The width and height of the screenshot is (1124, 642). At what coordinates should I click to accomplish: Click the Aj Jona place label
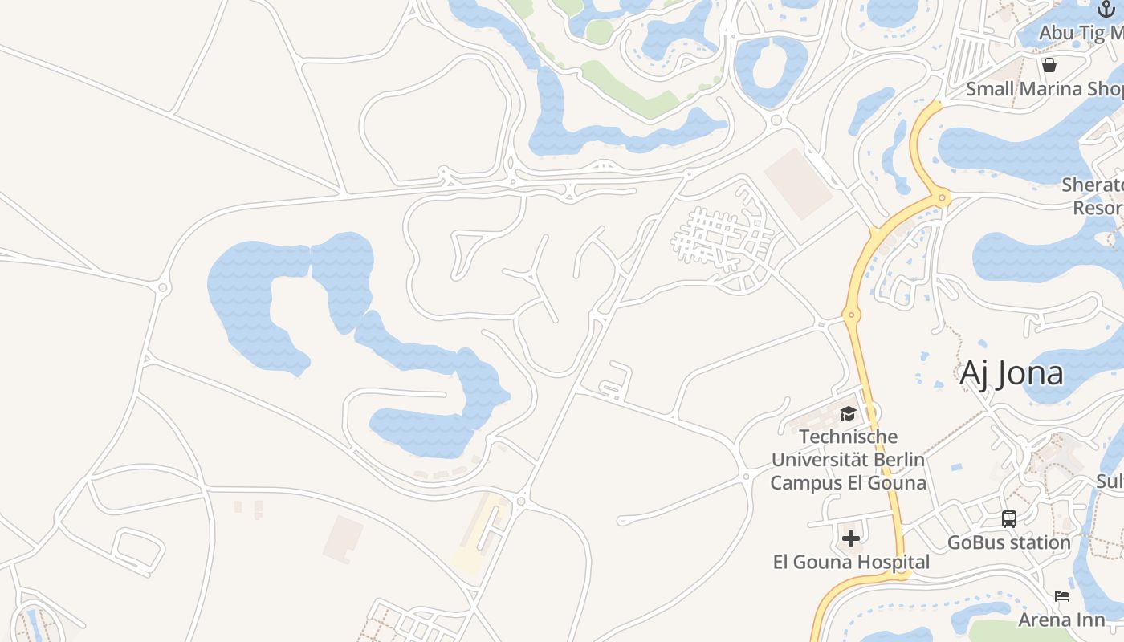(1012, 373)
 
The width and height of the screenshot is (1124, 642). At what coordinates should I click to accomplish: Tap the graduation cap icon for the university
(848, 414)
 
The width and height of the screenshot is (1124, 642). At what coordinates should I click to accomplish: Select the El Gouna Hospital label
(851, 563)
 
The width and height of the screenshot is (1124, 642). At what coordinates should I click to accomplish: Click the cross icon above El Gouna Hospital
(851, 538)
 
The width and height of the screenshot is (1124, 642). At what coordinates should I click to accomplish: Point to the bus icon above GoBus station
(1009, 519)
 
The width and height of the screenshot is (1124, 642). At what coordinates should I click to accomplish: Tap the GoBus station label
(1009, 542)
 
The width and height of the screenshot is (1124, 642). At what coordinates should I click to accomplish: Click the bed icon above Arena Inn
(1062, 596)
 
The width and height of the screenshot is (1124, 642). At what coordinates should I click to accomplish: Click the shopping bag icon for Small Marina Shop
(1049, 65)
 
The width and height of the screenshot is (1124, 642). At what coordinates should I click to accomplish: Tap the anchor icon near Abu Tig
(1106, 10)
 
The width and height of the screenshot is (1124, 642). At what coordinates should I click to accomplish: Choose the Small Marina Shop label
(1045, 89)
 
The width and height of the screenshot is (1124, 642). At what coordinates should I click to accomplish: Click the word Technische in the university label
(849, 437)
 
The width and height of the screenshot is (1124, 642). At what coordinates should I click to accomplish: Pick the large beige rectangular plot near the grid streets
(798, 183)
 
